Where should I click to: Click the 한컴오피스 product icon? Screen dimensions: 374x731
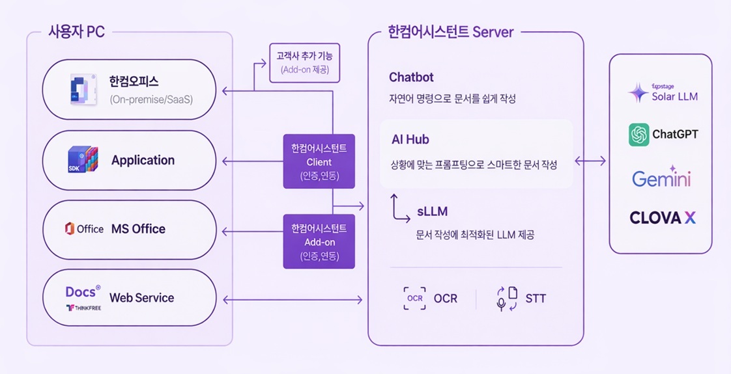(x=83, y=90)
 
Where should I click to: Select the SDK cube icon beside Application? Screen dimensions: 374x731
(x=83, y=160)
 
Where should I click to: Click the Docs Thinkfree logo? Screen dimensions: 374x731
(x=83, y=298)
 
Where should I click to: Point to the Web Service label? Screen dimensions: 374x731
(x=141, y=298)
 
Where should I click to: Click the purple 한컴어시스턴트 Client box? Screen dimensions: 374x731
(x=319, y=161)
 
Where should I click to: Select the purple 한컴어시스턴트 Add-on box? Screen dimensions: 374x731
(x=319, y=241)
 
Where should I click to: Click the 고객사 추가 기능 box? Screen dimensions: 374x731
(x=305, y=62)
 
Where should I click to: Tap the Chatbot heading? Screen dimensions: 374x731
(x=411, y=77)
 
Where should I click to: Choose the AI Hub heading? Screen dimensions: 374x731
(x=410, y=140)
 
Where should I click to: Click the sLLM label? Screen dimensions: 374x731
(x=432, y=211)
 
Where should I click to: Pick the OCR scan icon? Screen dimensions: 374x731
(x=414, y=299)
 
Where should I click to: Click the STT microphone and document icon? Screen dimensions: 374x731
(x=507, y=299)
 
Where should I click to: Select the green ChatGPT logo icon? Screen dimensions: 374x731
(x=638, y=135)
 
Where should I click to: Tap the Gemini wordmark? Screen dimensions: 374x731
(x=661, y=178)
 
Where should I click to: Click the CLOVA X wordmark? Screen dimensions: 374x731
(x=662, y=218)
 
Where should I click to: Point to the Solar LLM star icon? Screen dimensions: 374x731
(x=638, y=93)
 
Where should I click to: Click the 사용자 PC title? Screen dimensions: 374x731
(x=76, y=32)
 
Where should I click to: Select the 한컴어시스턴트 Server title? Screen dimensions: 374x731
(x=450, y=32)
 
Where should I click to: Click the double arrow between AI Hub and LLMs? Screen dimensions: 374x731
(x=590, y=161)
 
